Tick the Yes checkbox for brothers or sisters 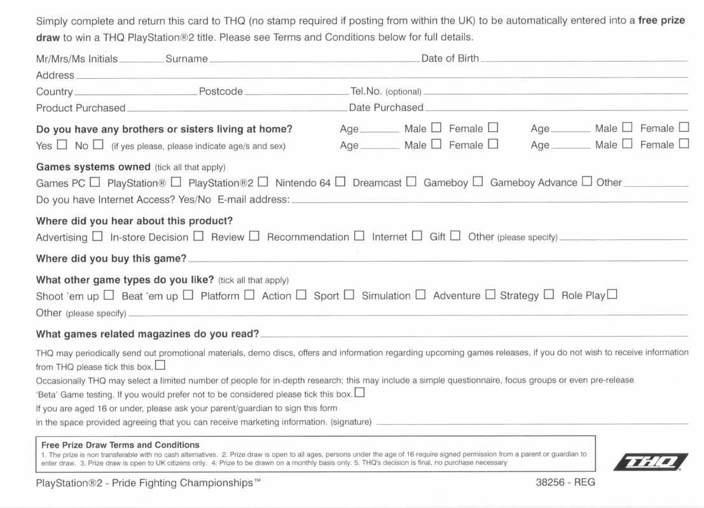click(62, 145)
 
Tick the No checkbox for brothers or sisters click(98, 145)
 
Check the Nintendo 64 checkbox click(340, 182)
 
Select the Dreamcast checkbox click(411, 182)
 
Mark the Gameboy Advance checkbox click(587, 182)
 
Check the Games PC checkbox click(95, 182)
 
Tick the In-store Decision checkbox click(198, 236)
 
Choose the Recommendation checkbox click(359, 236)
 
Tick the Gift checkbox click(455, 236)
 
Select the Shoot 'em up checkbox click(109, 295)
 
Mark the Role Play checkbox click(612, 295)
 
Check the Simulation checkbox click(420, 295)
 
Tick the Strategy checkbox click(549, 295)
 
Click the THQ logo click(650, 462)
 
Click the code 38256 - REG click(565, 483)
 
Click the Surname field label click(186, 59)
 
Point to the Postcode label click(221, 91)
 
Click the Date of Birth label click(450, 58)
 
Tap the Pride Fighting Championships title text click(184, 483)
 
